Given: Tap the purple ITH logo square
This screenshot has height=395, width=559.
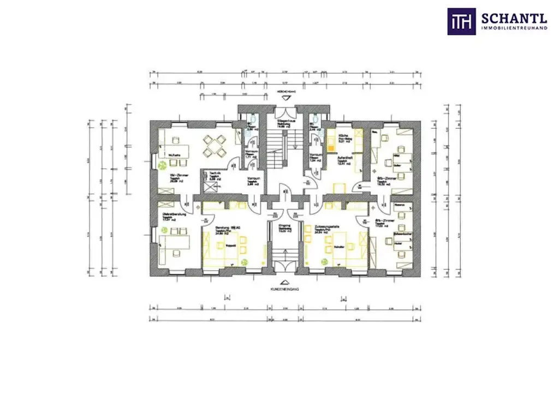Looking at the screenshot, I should tap(461, 21).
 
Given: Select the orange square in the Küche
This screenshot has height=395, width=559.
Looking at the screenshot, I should tap(331, 145).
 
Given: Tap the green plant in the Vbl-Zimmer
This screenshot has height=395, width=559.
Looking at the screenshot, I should tap(162, 165).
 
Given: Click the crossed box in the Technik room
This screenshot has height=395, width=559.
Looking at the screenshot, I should tap(210, 185).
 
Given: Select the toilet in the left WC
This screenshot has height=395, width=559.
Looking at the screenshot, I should tap(251, 121).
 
